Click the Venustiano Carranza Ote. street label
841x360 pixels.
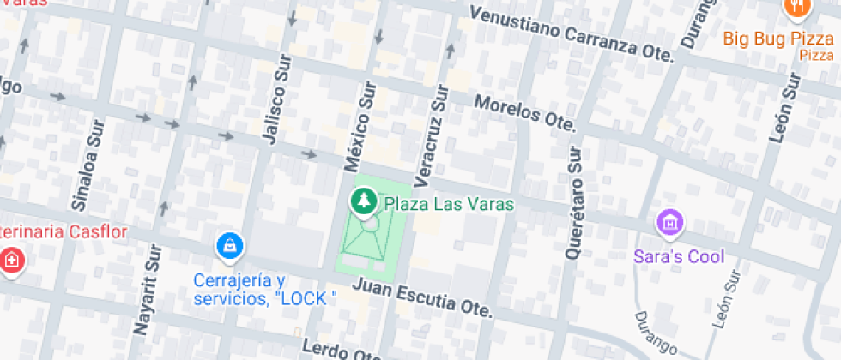572,33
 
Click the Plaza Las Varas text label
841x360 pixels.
448,204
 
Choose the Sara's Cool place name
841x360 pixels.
679,256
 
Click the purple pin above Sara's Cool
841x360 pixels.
669,224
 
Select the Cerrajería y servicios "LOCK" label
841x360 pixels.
263,290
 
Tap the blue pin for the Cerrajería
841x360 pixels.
230,247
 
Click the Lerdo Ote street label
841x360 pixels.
339,351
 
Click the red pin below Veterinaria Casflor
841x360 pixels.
10,260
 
